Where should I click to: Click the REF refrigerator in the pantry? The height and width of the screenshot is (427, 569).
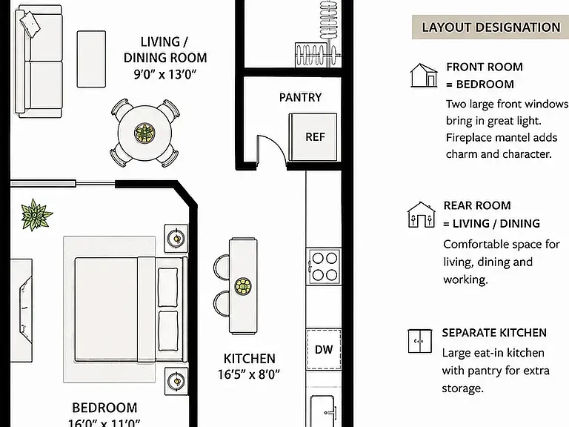pyautogui.click(x=313, y=137)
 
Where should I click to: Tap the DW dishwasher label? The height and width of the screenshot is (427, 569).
pyautogui.click(x=324, y=350)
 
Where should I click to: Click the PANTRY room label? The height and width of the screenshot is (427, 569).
pyautogui.click(x=300, y=97)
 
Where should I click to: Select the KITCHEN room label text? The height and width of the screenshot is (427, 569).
pyautogui.click(x=249, y=359)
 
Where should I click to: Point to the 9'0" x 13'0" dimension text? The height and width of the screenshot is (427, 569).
pyautogui.click(x=165, y=74)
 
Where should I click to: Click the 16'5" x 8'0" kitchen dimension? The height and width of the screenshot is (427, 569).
pyautogui.click(x=249, y=374)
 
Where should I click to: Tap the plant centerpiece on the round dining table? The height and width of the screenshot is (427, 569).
pyautogui.click(x=144, y=133)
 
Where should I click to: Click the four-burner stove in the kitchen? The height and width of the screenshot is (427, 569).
pyautogui.click(x=324, y=267)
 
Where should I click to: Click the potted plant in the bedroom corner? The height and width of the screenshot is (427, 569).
pyautogui.click(x=36, y=215)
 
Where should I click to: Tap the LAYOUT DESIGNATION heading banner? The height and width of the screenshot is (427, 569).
pyautogui.click(x=490, y=27)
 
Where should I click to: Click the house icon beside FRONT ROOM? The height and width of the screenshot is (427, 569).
pyautogui.click(x=424, y=75)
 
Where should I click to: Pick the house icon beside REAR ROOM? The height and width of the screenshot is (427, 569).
pyautogui.click(x=421, y=214)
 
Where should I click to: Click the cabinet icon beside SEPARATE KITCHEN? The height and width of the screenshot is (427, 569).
pyautogui.click(x=420, y=341)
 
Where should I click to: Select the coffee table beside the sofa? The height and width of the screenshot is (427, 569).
pyautogui.click(x=91, y=59)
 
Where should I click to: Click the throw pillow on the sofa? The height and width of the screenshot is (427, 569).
pyautogui.click(x=30, y=24)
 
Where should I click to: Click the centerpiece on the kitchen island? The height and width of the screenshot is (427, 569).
pyautogui.click(x=243, y=286)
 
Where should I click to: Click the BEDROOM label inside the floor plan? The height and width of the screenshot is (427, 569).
pyautogui.click(x=104, y=408)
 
